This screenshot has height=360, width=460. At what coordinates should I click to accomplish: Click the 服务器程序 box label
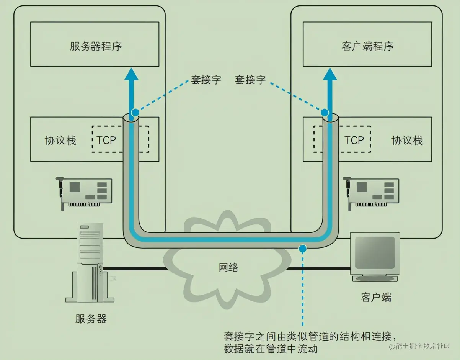pyautogui.click(x=96, y=46)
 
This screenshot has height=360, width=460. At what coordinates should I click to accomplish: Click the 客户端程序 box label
pyautogui.click(x=367, y=46)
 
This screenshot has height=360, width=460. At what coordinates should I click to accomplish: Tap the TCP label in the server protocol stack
pyautogui.click(x=106, y=140)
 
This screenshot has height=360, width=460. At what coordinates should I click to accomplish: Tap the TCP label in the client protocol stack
pyautogui.click(x=354, y=140)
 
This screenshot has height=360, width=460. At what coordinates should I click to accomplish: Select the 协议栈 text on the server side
pyautogui.click(x=60, y=140)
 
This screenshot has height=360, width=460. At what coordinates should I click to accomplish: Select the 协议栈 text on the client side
pyautogui.click(x=407, y=140)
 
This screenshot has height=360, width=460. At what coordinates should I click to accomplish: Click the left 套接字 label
pyautogui.click(x=206, y=80)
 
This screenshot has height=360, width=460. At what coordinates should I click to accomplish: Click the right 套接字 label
pyautogui.click(x=250, y=80)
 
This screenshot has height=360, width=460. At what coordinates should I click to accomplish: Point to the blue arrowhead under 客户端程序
pyautogui.click(x=330, y=74)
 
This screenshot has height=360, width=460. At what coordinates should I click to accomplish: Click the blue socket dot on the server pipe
pyautogui.click(x=135, y=113)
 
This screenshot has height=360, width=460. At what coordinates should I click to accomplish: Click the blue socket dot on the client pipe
pyautogui.click(x=325, y=113)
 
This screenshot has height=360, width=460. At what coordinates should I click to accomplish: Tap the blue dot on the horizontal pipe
pyautogui.click(x=303, y=249)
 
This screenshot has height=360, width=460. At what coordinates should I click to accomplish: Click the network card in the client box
pyautogui.click(x=372, y=192)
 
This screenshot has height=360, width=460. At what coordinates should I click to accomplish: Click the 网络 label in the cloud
pyautogui.click(x=228, y=267)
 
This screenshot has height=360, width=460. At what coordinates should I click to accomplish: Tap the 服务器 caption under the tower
pyautogui.click(x=91, y=319)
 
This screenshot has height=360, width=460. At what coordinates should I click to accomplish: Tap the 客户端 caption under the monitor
pyautogui.click(x=376, y=297)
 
